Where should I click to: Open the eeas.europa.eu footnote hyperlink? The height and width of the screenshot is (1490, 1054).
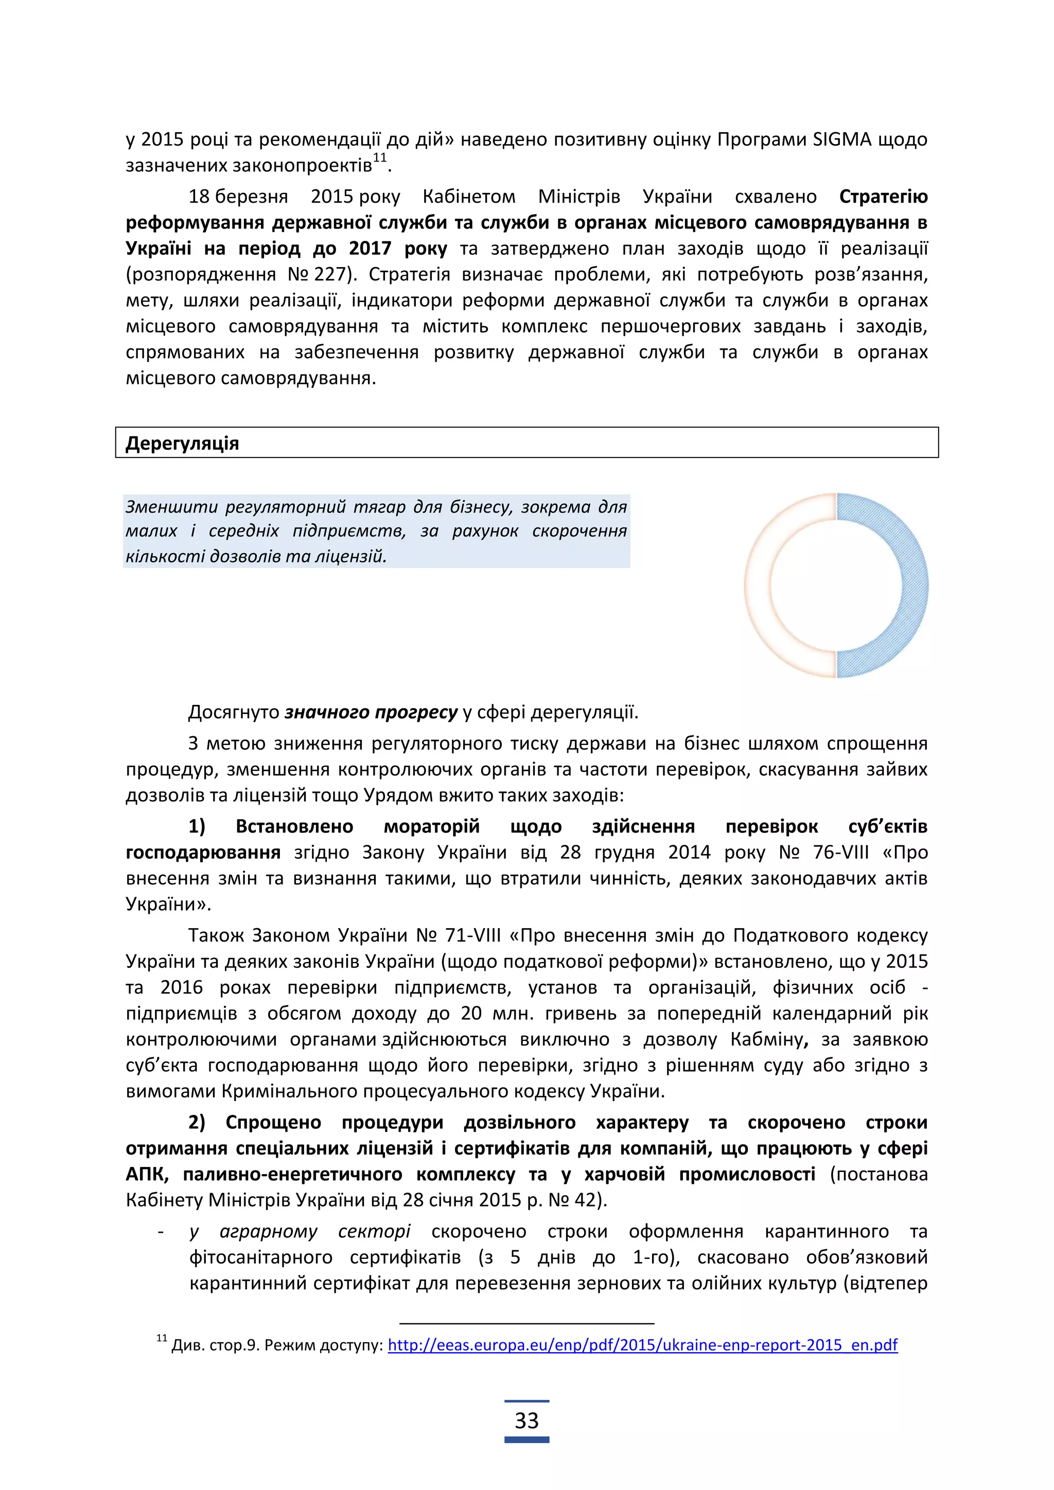[642, 1344]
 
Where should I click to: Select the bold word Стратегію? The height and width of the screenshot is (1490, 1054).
[883, 197]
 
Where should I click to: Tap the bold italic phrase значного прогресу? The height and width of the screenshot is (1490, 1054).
[371, 713]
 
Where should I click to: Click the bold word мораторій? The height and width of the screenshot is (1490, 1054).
[432, 827]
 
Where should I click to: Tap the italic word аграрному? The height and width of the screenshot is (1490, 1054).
[269, 1232]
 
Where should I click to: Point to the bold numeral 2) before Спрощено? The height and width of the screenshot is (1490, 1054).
[197, 1123]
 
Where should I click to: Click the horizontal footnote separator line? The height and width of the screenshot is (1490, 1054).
[526, 1323]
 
